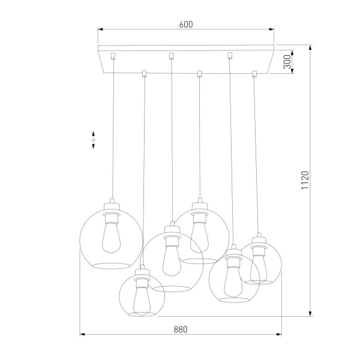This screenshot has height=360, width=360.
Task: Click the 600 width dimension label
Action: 186,25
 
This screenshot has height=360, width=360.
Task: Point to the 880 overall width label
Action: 181,329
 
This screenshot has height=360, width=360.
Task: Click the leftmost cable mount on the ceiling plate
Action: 113,57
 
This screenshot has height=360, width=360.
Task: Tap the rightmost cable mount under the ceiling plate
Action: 254,74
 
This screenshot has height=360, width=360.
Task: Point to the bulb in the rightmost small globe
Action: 259,263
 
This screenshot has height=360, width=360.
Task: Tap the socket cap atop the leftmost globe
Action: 112,204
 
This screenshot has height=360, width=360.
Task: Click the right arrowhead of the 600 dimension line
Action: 272,28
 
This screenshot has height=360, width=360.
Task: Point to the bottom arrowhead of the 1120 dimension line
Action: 310,313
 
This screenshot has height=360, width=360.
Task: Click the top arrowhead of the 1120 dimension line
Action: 310,47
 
